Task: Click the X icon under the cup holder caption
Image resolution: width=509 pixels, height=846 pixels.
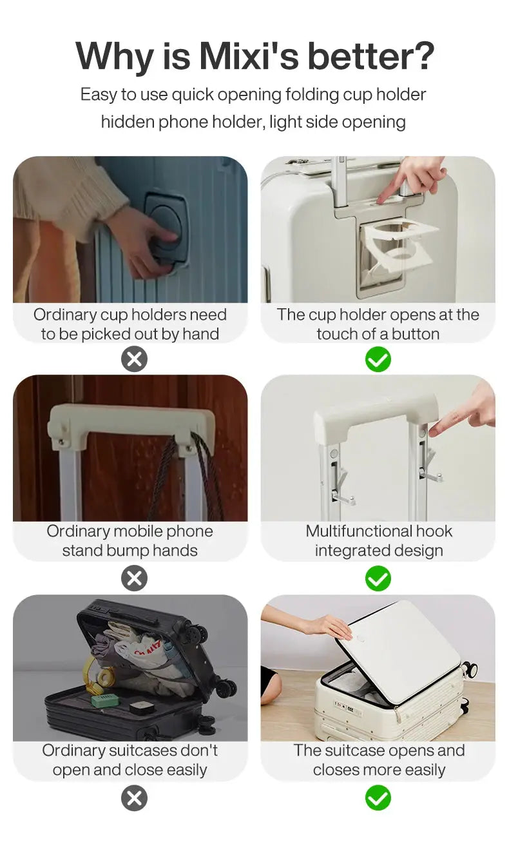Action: [134, 360]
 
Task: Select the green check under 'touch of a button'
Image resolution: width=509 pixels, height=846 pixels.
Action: [378, 360]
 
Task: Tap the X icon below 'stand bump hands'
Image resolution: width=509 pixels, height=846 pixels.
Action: [134, 578]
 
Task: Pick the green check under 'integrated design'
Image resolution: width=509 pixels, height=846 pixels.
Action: [378, 578]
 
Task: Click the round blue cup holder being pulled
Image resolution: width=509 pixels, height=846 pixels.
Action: [166, 234]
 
